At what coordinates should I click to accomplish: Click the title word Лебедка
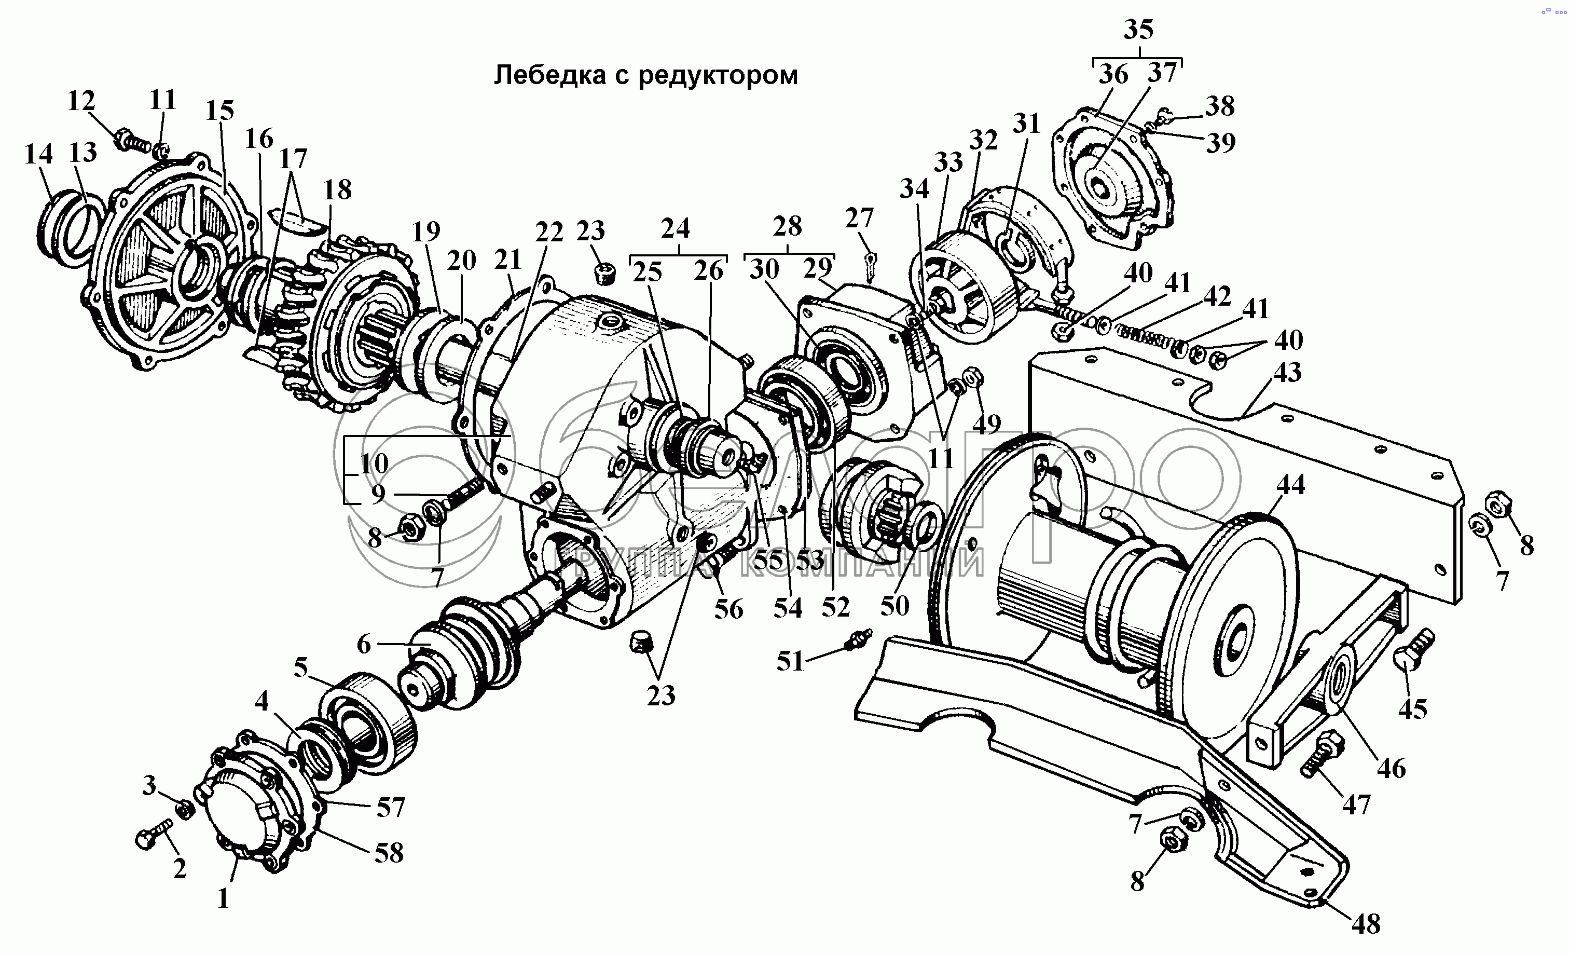click(549, 75)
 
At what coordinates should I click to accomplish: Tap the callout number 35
click(1138, 29)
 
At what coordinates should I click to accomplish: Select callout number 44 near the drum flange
click(1290, 485)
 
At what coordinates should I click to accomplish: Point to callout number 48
click(1365, 924)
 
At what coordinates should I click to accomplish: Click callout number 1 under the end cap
click(223, 899)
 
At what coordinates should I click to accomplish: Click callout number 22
click(549, 233)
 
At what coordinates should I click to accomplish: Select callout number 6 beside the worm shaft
click(364, 644)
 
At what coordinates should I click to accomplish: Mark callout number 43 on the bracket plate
click(1287, 373)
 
